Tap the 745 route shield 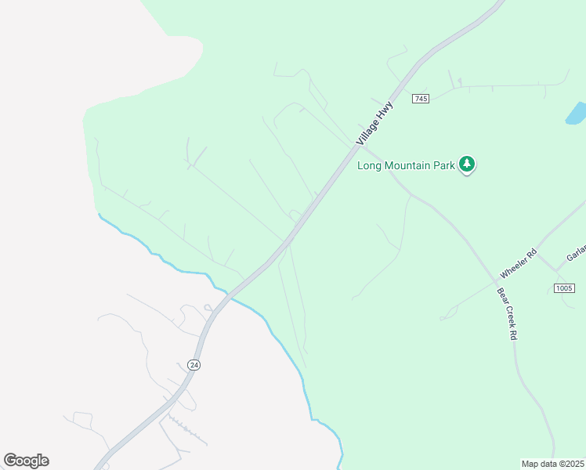[x=421, y=99]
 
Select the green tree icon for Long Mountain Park [x=467, y=164]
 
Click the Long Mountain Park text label [x=405, y=165]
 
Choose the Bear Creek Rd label [x=508, y=313]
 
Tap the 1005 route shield [x=564, y=288]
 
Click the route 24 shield [x=194, y=365]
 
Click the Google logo [x=26, y=461]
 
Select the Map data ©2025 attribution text [x=552, y=464]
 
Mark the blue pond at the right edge [x=576, y=114]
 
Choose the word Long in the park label [x=370, y=165]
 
